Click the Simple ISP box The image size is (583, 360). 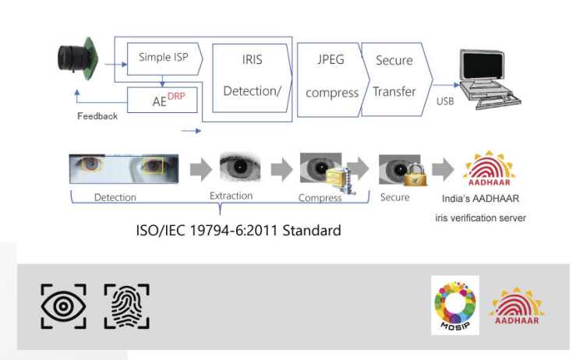click(x=165, y=58)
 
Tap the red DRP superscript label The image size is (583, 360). click(x=176, y=97)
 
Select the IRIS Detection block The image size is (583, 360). click(x=252, y=78)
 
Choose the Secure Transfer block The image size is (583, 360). click(x=396, y=79)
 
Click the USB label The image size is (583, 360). click(x=445, y=101)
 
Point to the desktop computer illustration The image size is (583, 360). click(x=489, y=79)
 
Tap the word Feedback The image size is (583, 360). click(x=97, y=116)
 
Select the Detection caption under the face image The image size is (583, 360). click(x=115, y=197)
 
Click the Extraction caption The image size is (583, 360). click(x=231, y=196)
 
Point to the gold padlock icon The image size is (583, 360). click(x=415, y=175)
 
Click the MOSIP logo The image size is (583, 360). click(x=455, y=305)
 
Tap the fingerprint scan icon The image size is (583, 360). click(x=127, y=306)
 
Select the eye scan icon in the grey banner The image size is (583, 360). click(x=64, y=306)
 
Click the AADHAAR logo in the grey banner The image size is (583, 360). click(x=517, y=306)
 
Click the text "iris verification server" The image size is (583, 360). click(x=480, y=218)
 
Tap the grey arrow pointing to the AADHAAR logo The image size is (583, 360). click(x=443, y=170)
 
